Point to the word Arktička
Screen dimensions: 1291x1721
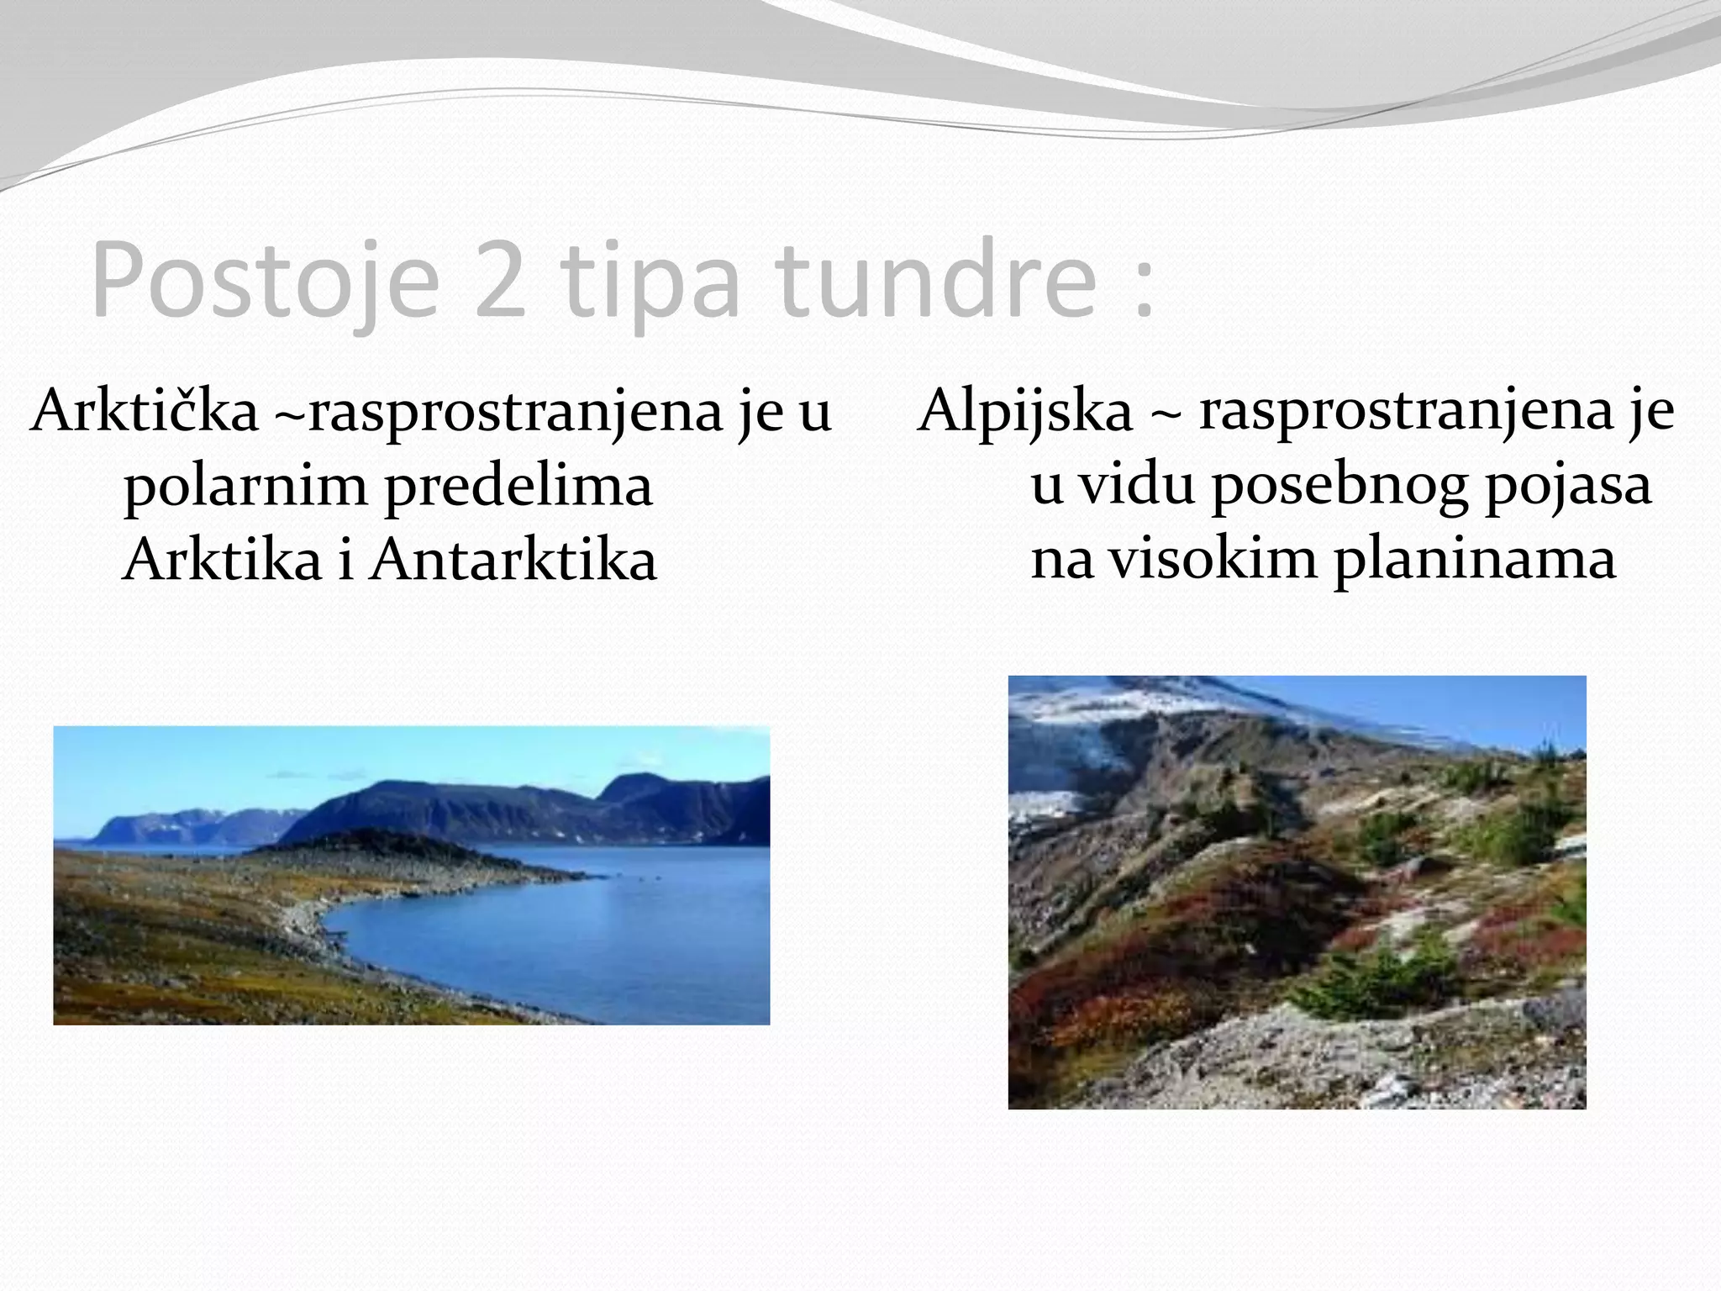(145, 411)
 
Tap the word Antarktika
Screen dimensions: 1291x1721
(513, 561)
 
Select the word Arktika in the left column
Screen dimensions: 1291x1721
(223, 561)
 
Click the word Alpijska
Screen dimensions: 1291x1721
(1025, 411)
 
